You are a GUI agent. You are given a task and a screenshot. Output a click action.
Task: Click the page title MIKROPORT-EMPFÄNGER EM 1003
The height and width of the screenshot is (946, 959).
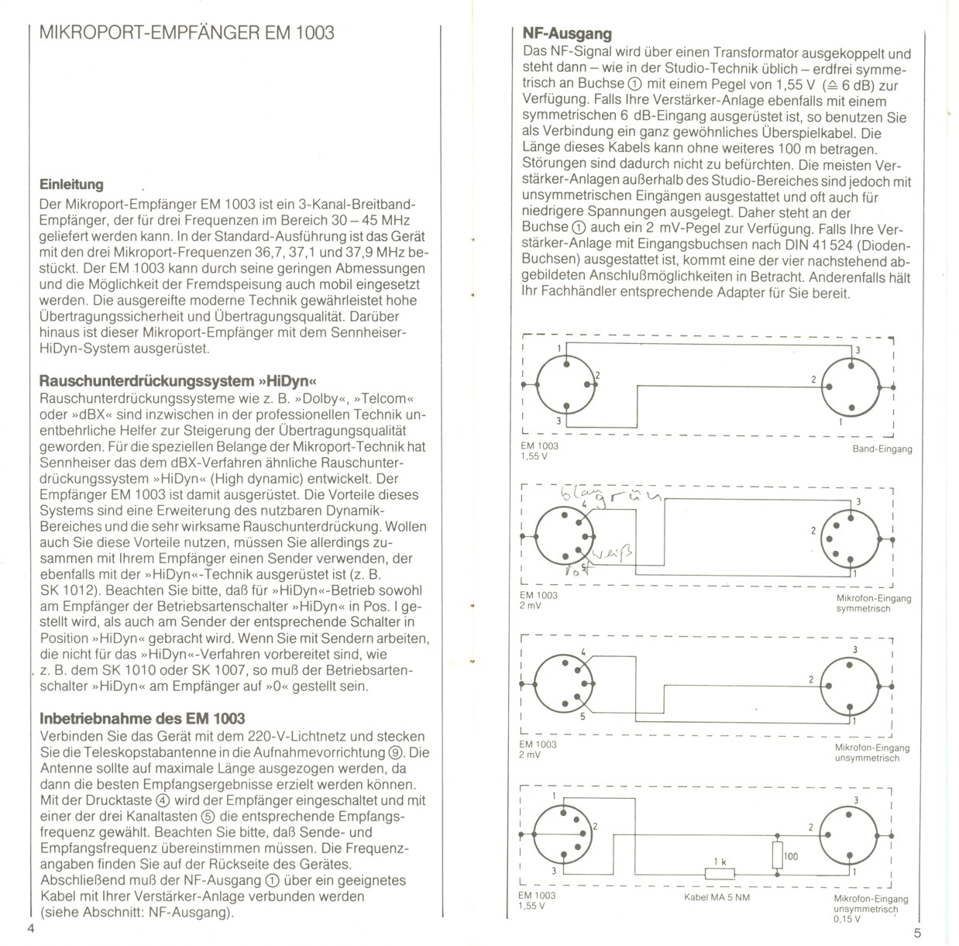click(187, 33)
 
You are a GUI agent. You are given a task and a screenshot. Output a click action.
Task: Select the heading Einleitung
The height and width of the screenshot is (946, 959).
click(70, 184)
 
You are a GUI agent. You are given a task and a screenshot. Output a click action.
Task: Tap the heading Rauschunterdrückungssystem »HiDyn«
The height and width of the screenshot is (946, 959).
click(179, 381)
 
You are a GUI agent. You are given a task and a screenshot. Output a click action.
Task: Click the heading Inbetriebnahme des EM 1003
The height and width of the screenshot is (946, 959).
click(142, 718)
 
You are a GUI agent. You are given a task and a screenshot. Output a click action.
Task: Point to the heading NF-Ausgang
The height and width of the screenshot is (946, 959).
click(567, 33)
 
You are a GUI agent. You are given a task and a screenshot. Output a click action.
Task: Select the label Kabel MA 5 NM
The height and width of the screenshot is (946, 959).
click(717, 898)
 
